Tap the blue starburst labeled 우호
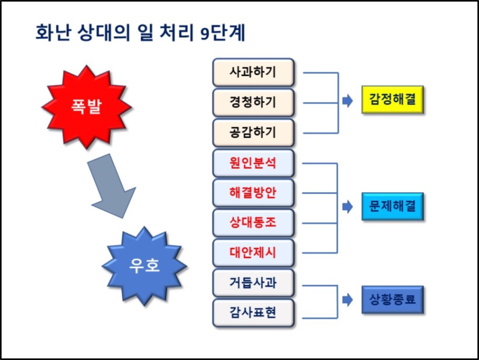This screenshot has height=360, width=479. (x=144, y=267)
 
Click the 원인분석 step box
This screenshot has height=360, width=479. (x=253, y=163)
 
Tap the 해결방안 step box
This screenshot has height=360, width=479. (x=253, y=193)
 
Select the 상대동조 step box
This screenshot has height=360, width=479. (x=253, y=222)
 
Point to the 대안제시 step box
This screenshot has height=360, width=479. (x=253, y=253)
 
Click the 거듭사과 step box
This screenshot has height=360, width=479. (x=253, y=283)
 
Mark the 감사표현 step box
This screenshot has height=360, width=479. (x=253, y=313)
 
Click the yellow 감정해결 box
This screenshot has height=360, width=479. (x=392, y=99)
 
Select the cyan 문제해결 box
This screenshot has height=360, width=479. (x=392, y=208)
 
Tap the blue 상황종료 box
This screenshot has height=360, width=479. (x=392, y=300)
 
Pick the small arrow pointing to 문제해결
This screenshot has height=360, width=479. (x=347, y=208)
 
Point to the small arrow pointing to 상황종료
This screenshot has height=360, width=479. (x=347, y=300)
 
